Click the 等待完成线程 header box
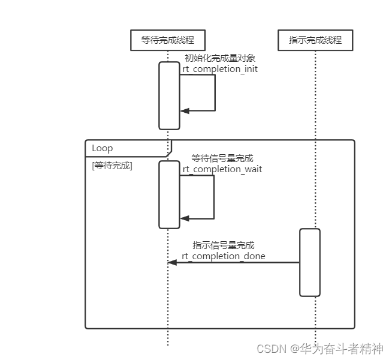pos(168,40)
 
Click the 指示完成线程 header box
pos(315,40)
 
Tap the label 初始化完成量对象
pos(220,58)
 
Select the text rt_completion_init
pos(220,69)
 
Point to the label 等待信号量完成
pos(222,158)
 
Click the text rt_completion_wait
pos(222,169)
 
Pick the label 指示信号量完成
pos(224,245)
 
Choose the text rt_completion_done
pos(224,256)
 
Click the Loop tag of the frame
pos(102,148)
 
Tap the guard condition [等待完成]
pos(112,166)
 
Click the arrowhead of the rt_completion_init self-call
pos(185,111)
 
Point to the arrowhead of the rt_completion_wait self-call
pos(185,218)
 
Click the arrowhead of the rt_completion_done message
pos(172,262)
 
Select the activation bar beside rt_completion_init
pos(169,95)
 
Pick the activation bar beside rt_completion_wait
pos(169,194)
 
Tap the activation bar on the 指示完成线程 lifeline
pos(310,262)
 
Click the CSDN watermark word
pos(270,349)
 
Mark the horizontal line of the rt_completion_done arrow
pos(240,262)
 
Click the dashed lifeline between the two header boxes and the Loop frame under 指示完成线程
pos(315,96)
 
